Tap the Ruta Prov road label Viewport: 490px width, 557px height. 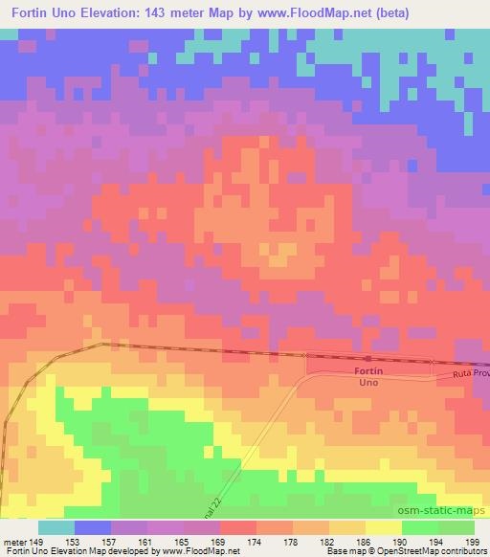tap(471, 373)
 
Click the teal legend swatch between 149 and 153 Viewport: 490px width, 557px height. tap(56, 527)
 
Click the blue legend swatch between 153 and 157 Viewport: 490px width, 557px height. tap(93, 527)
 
